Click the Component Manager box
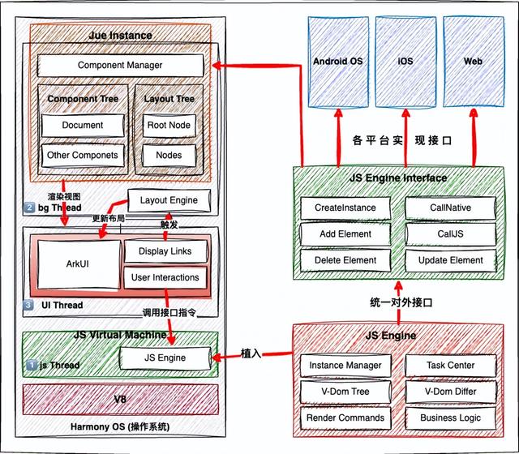click(x=120, y=65)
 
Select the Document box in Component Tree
click(x=82, y=126)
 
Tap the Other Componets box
click(x=82, y=155)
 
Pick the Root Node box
click(x=169, y=126)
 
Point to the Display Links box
click(x=165, y=251)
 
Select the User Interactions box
click(x=165, y=278)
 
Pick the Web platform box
click(x=472, y=62)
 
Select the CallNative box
click(x=450, y=208)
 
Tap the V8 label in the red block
click(x=120, y=399)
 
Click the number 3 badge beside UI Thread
click(x=29, y=306)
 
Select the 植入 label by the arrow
click(x=251, y=353)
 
